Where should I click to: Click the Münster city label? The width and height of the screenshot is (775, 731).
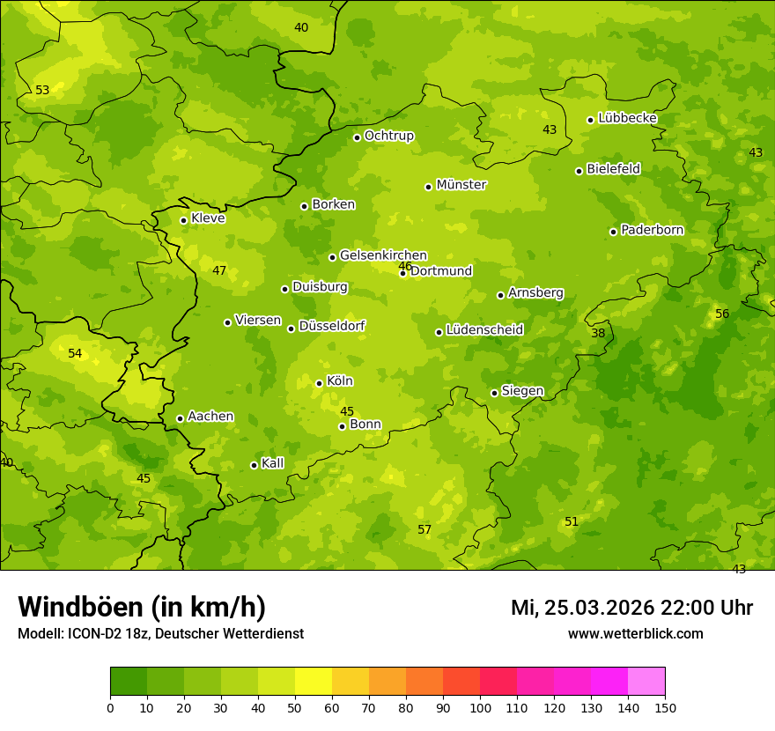click(x=461, y=185)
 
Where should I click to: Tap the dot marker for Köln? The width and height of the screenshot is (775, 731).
click(x=319, y=383)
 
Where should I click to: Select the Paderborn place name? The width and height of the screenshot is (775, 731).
click(x=652, y=230)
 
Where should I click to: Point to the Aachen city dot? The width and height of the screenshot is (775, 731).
click(x=180, y=418)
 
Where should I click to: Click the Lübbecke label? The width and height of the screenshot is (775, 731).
click(x=627, y=118)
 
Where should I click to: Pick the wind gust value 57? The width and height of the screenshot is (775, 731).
click(x=424, y=529)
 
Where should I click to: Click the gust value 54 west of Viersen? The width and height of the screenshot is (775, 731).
click(x=75, y=353)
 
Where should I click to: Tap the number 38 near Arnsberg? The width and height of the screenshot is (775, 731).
click(x=598, y=333)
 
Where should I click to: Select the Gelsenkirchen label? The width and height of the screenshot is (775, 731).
click(x=383, y=255)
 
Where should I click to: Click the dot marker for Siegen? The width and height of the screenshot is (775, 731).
click(x=494, y=393)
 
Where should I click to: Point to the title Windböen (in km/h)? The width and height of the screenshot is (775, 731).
click(x=142, y=607)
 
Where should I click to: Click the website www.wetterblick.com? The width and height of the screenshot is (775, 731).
click(x=635, y=633)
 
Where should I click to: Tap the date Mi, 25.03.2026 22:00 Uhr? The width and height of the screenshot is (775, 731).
click(x=631, y=608)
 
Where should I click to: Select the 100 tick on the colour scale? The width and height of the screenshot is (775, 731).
click(x=480, y=707)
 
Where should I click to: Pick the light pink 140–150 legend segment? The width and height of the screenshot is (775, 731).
click(x=646, y=681)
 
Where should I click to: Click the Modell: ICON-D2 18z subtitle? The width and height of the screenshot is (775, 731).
click(x=160, y=633)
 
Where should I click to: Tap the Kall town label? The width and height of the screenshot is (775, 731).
click(x=272, y=463)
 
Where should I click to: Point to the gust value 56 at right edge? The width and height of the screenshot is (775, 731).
click(x=722, y=314)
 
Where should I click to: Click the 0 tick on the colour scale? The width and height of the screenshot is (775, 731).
click(x=110, y=707)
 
